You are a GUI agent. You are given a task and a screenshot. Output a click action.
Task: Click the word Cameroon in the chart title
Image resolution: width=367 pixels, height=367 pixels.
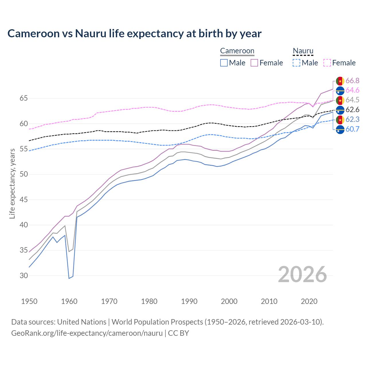click(34, 34)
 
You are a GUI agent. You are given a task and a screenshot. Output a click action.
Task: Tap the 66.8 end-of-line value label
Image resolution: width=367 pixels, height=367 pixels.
click(352, 81)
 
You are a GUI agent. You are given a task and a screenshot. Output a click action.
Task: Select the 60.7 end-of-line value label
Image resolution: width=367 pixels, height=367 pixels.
click(352, 129)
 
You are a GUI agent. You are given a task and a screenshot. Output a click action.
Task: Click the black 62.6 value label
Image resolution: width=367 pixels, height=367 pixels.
click(352, 110)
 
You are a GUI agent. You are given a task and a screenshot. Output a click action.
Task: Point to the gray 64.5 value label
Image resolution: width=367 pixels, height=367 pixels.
click(352, 100)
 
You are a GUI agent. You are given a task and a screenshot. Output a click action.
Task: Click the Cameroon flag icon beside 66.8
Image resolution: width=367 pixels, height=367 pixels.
click(340, 81)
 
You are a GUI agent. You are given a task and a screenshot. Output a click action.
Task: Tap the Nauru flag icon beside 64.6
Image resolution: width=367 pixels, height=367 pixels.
click(340, 91)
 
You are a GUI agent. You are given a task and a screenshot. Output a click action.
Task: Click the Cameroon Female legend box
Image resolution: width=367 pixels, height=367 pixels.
click(254, 63)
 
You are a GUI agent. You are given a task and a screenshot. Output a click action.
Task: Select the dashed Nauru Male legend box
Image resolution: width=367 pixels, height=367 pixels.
click(296, 63)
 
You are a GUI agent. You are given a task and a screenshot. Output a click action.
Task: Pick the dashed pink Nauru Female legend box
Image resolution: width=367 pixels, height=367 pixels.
click(327, 63)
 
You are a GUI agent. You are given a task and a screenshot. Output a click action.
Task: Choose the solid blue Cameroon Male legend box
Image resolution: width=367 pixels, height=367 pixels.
click(224, 63)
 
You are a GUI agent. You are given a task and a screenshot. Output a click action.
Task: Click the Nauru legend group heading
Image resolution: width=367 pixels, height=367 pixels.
click(303, 51)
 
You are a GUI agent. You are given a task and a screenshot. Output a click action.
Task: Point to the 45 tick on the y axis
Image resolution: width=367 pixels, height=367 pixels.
click(24, 200)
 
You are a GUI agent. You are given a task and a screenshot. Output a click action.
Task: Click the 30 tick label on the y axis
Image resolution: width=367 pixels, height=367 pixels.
click(24, 276)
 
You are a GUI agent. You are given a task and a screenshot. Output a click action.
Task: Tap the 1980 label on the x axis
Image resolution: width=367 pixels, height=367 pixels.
click(149, 301)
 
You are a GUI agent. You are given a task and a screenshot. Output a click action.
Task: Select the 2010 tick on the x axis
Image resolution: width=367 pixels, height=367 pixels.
click(269, 301)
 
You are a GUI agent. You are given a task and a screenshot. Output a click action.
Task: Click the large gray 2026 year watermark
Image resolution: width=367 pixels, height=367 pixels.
click(302, 275)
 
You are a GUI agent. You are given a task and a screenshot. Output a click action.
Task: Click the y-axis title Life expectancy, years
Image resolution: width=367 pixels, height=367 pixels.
click(12, 183)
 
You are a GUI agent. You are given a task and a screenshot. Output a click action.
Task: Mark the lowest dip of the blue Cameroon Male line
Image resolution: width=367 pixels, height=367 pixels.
click(69, 278)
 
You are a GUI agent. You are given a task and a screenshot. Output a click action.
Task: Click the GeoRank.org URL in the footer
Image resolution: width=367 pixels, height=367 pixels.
click(87, 333)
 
